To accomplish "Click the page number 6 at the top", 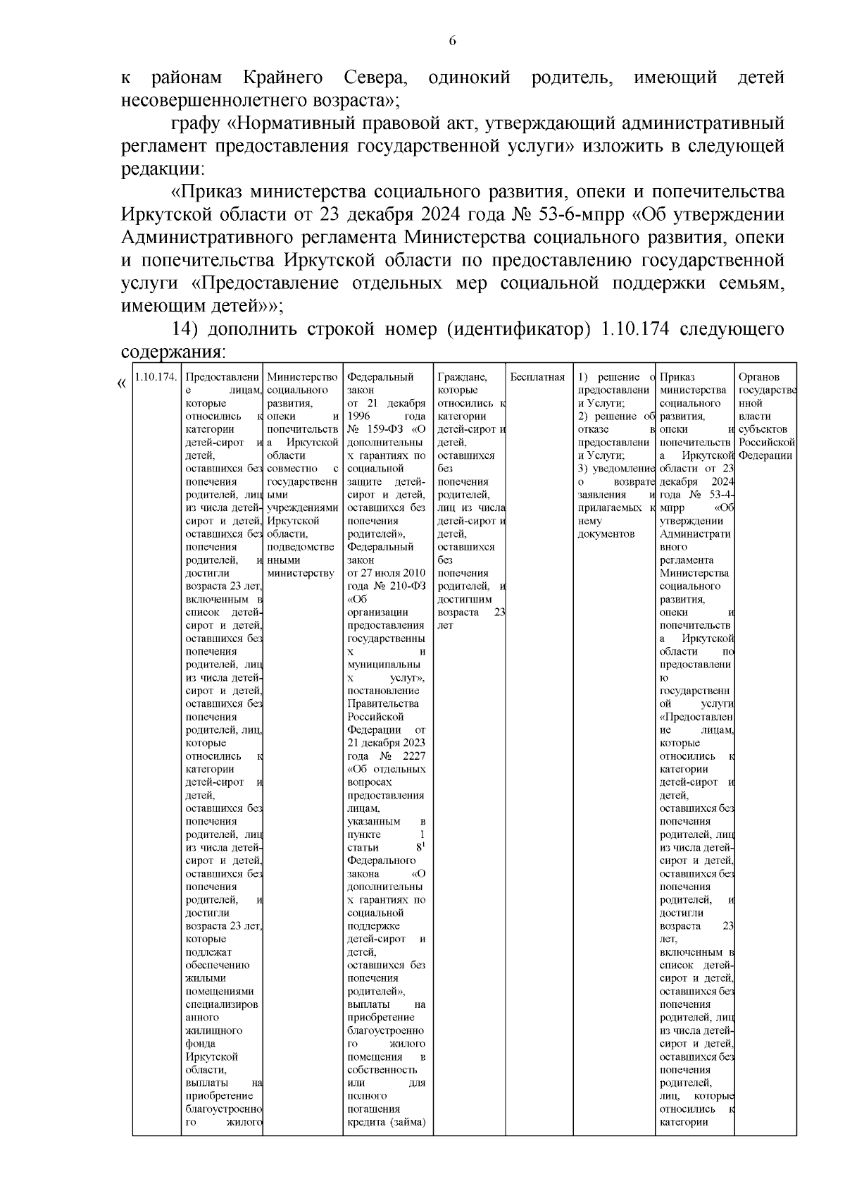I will tap(453, 41).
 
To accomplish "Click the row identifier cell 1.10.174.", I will tap(156, 377).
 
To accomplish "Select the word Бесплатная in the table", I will tap(537, 377).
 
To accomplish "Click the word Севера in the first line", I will tap(374, 78).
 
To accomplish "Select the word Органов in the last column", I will tap(759, 377).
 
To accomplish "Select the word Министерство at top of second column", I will tap(303, 377).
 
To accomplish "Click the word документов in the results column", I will tap(606, 534).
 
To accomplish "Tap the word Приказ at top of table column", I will tap(677, 377).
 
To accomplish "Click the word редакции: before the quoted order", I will tap(163, 170).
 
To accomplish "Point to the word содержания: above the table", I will tap(173, 352).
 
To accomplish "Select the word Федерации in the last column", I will tap(767, 455).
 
